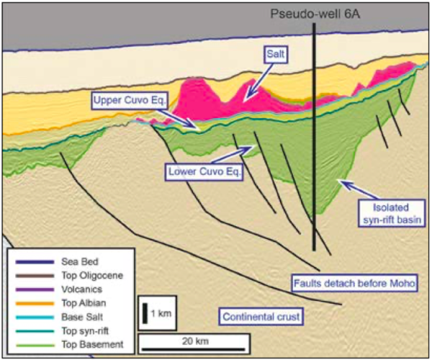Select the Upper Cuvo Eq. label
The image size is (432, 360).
[130, 99]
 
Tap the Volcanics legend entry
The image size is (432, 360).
[73, 289]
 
